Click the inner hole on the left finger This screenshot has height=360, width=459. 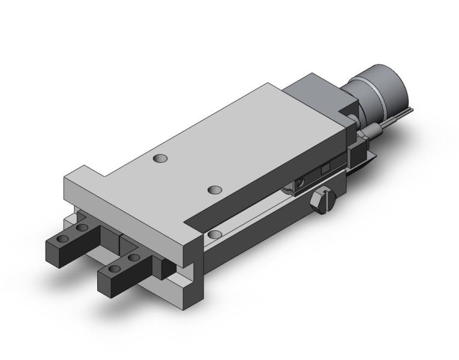pyautogui.click(x=82, y=227)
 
